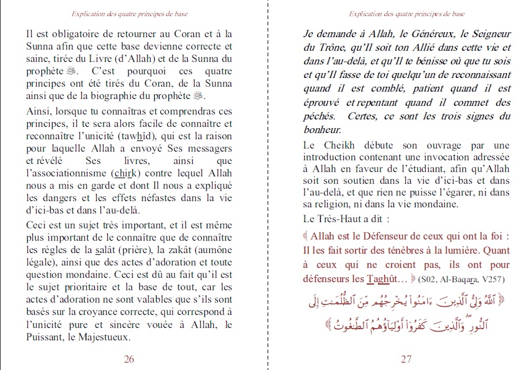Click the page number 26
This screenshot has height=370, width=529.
pyautogui.click(x=129, y=359)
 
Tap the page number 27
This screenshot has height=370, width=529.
pyautogui.click(x=406, y=359)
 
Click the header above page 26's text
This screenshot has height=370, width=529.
pyautogui.click(x=129, y=13)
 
